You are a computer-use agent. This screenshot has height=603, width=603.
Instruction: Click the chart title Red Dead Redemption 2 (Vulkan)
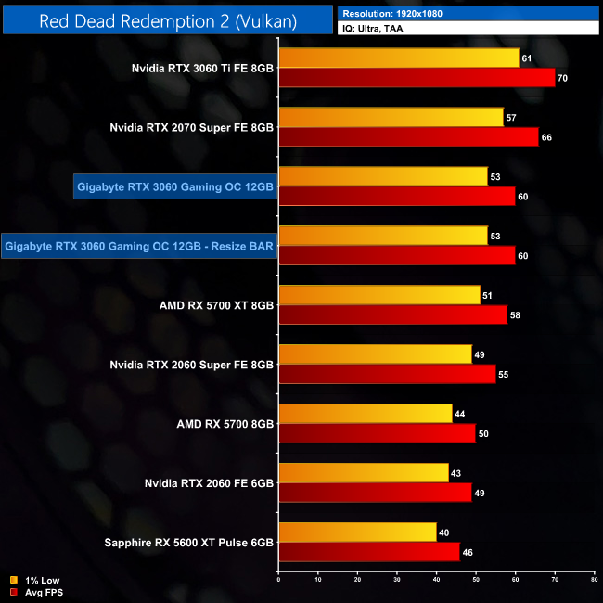pos(168,20)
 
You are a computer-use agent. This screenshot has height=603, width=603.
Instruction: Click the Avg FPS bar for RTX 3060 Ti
pos(417,77)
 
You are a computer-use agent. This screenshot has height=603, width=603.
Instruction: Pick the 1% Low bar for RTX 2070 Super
pos(391,117)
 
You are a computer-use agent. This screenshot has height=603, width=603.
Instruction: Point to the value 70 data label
pos(562,78)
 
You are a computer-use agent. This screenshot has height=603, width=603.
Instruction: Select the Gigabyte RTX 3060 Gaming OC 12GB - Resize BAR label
pos(139,246)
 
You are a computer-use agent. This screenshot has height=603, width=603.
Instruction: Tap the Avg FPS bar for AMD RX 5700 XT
pos(392,314)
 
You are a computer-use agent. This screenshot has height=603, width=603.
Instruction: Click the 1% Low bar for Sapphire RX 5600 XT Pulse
pos(357,532)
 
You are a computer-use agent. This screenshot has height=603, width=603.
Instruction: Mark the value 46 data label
pos(468,552)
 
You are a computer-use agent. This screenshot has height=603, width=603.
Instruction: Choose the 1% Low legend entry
pos(34,580)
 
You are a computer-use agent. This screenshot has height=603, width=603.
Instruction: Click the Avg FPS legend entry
pos(36,591)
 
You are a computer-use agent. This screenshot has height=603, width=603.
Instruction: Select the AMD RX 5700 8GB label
pos(225,424)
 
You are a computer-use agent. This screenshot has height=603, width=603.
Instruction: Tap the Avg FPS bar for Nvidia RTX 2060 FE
pos(375,493)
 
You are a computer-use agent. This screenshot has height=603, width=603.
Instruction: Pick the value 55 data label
pos(503,375)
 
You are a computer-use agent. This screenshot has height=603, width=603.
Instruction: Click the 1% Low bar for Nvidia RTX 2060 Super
pos(375,354)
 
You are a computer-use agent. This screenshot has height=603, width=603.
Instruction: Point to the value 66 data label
pos(546,137)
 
